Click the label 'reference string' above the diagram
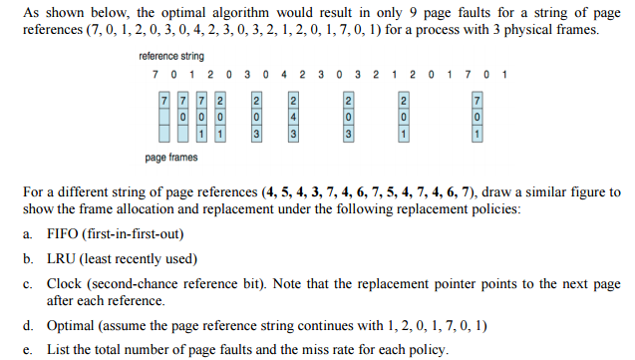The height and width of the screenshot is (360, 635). pyautogui.click(x=171, y=57)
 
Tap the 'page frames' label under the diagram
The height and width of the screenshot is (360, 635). pyautogui.click(x=170, y=158)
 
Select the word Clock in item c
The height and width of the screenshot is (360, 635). pyautogui.click(x=63, y=283)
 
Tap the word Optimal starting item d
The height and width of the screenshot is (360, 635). pyautogui.click(x=69, y=326)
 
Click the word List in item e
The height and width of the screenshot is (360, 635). pyautogui.click(x=57, y=349)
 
